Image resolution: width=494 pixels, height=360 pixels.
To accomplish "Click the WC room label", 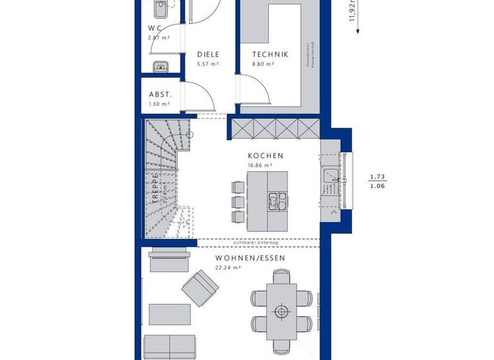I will tap(155, 28).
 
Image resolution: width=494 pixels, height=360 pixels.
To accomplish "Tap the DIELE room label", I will tap(208, 55).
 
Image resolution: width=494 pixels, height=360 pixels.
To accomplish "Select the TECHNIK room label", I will tap(270, 55).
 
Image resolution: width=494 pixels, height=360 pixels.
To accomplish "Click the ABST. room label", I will tap(160, 93).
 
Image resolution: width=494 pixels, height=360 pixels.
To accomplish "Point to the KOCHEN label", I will tap(266, 156).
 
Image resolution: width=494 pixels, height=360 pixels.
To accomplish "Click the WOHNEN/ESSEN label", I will tap(251, 258).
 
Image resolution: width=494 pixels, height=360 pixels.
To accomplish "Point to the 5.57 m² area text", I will tap(208, 64).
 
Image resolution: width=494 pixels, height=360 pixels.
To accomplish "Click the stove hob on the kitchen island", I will tap(279, 201).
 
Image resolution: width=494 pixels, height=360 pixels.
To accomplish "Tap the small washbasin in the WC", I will tap(160, 66).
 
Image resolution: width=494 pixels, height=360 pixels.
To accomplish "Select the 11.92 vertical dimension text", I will tap(352, 11).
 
